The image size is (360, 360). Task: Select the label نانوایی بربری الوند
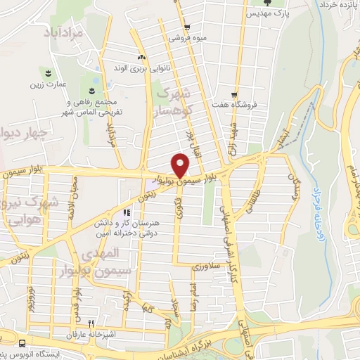[x=142, y=69]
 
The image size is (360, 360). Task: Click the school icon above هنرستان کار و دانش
[x=127, y=212]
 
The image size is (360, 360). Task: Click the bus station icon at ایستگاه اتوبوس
[x=23, y=344]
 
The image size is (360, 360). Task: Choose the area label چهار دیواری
[x=22, y=133]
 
